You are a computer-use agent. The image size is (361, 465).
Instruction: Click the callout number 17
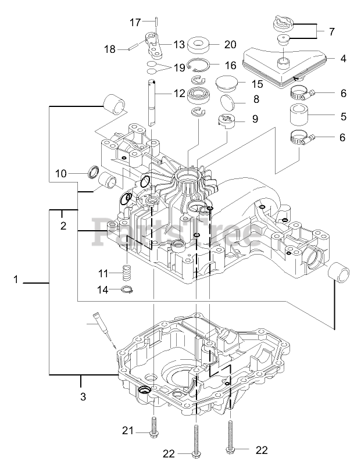click(135, 23)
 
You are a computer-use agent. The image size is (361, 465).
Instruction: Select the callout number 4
click(344, 58)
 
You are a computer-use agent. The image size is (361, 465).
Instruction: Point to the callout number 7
click(332, 31)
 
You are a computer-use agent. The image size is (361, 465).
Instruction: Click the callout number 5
click(344, 116)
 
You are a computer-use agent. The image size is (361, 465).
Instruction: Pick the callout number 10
click(61, 173)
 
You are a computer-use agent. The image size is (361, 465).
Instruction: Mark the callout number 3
click(83, 397)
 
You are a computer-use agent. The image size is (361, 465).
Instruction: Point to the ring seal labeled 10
click(92, 172)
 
